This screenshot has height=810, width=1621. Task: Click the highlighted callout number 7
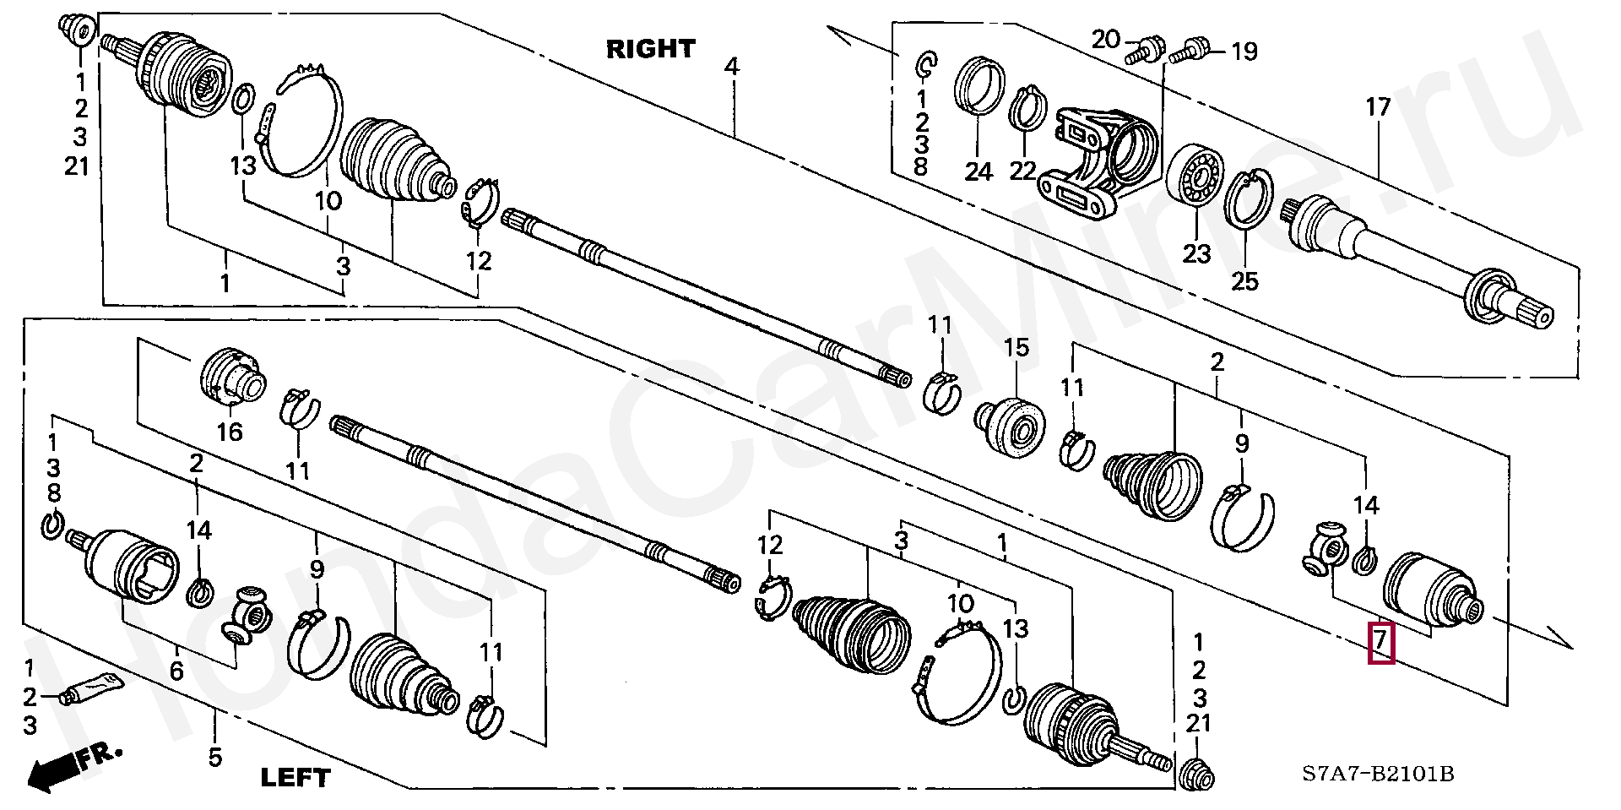point(1380,643)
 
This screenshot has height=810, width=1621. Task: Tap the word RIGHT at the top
point(650,49)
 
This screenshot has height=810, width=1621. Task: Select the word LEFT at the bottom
point(295,777)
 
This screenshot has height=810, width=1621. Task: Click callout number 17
point(1377,107)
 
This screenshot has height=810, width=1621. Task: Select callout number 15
point(1017,347)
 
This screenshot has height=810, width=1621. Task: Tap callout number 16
point(229,432)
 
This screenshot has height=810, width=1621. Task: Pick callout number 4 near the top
point(731,66)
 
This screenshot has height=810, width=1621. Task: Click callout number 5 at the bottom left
point(215,757)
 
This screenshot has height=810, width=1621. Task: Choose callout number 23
point(1196,253)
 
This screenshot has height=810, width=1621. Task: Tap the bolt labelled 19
point(1189,51)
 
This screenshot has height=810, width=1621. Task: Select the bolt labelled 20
point(1141,50)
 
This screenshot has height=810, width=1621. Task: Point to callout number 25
point(1244,280)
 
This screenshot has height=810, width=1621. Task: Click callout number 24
point(979,171)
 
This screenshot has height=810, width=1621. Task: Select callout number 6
point(176,671)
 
